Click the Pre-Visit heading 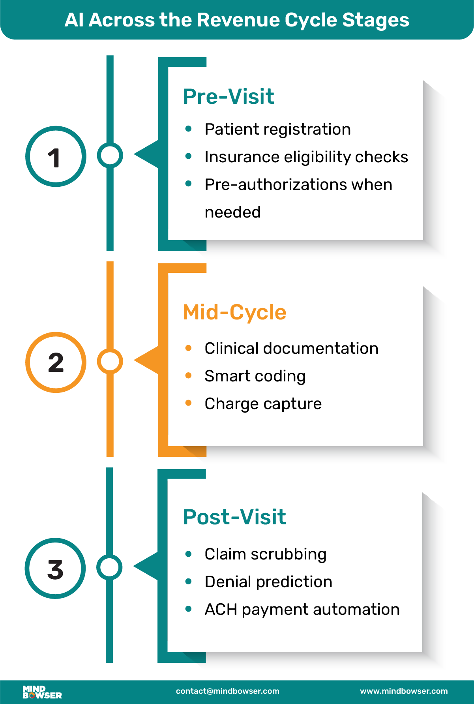228,97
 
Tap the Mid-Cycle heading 234,312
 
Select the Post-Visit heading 234,517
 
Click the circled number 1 56,156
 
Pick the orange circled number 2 56,362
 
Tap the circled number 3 55,569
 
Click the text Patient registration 277,130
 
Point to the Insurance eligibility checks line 306,157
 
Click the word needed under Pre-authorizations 232,212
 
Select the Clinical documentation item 291,349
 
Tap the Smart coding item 255,376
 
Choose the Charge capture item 263,404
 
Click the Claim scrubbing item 265,554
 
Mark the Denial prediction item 268,582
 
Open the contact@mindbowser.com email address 227,691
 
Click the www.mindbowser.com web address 404,691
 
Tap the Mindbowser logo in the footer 42,692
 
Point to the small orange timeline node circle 110,361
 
